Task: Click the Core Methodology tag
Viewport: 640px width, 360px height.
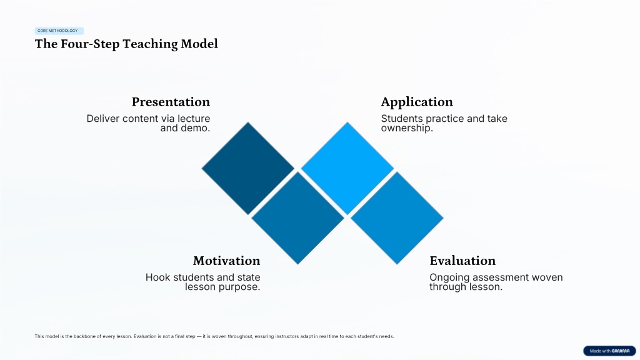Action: click(x=59, y=31)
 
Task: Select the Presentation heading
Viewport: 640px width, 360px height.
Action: click(x=171, y=102)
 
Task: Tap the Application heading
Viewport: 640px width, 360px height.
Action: click(x=417, y=102)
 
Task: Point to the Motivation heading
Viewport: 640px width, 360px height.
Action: click(x=226, y=261)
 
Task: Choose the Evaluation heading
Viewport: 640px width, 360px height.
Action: click(x=462, y=261)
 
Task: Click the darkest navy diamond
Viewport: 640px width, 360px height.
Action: click(x=247, y=168)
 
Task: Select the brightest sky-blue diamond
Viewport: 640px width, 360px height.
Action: click(x=347, y=168)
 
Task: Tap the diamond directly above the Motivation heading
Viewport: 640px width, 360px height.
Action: click(x=297, y=218)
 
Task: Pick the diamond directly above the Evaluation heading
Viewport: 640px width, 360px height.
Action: click(x=397, y=218)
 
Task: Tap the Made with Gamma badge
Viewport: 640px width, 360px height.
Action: click(x=609, y=351)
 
